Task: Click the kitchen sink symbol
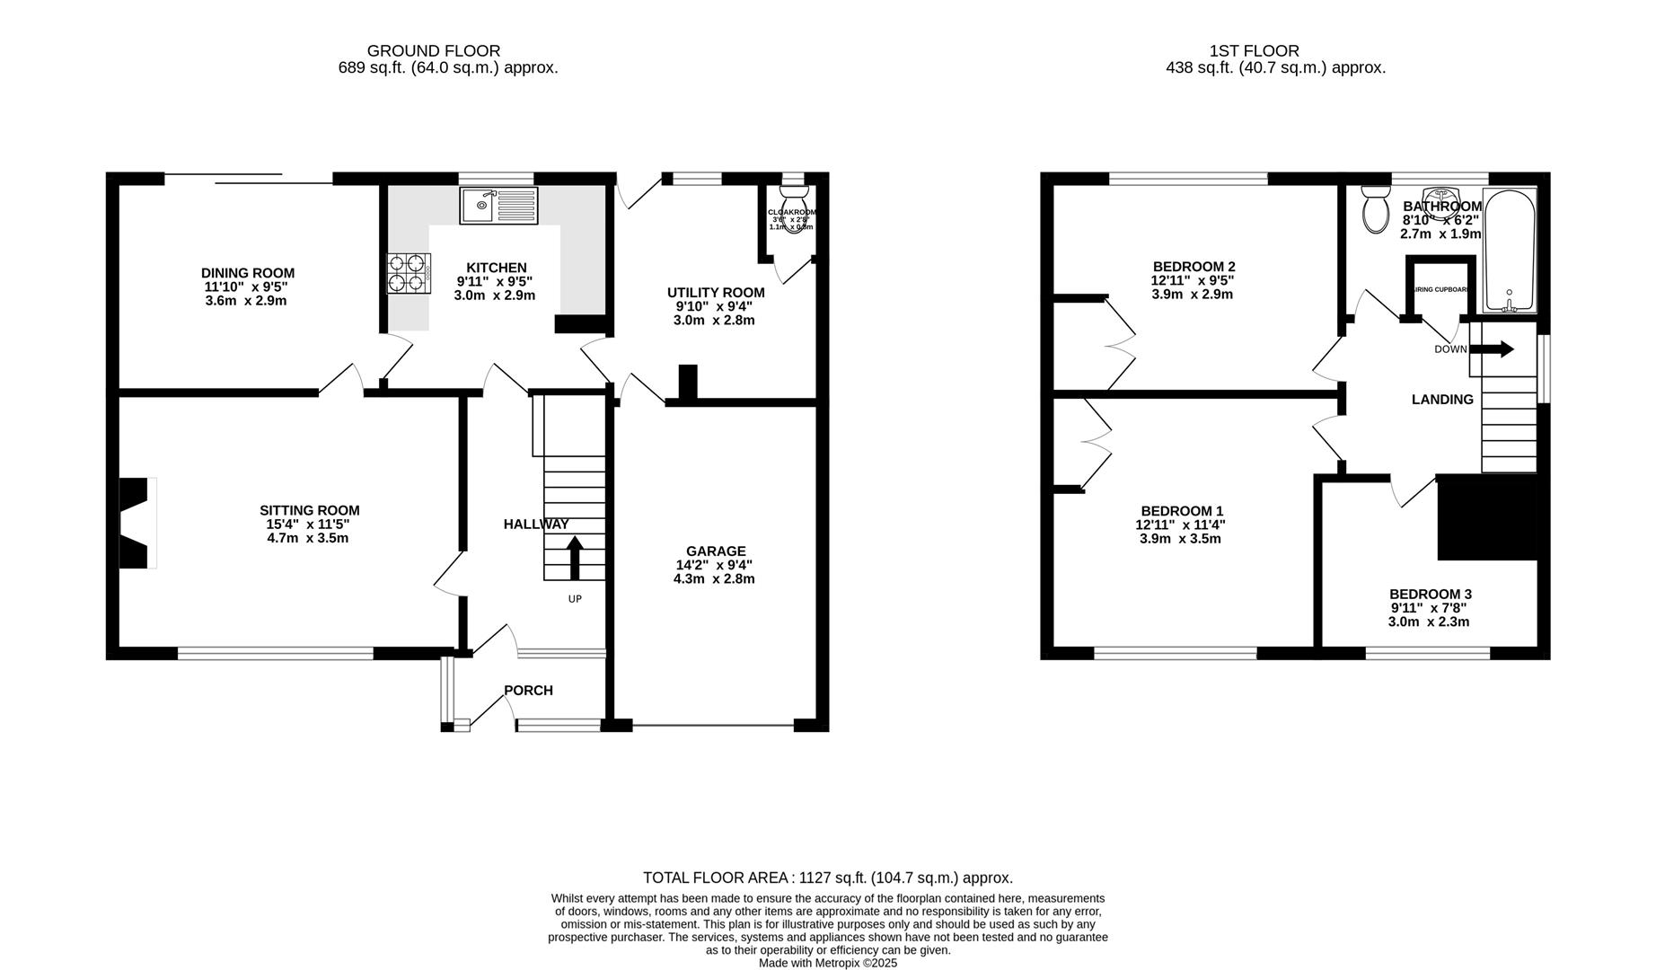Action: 498,206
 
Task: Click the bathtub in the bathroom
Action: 1509,251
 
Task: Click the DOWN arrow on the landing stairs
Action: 1496,348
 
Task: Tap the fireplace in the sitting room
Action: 136,522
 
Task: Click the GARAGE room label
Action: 716,551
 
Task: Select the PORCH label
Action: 528,690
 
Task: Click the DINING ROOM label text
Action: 247,273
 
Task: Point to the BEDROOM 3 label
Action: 1430,594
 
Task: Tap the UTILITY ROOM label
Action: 716,292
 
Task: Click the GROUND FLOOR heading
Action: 434,51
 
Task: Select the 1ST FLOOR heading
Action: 1253,51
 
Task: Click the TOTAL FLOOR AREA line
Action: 827,877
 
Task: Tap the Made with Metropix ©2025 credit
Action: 827,963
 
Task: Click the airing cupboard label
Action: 1440,289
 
